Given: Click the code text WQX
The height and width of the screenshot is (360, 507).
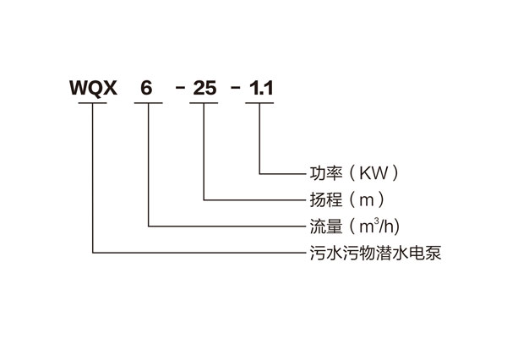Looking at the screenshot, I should [x=93, y=87].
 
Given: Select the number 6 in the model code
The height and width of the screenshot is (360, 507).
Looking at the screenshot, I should [x=148, y=87].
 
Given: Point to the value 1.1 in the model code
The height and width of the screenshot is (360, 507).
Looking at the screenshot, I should [x=260, y=87].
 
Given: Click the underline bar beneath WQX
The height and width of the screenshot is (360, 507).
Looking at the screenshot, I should [x=93, y=104].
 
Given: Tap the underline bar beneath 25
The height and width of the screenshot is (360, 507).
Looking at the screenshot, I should [x=204, y=104].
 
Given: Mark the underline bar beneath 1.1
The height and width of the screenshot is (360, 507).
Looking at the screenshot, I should [x=259, y=104].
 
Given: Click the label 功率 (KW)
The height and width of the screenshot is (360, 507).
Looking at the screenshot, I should [x=354, y=175].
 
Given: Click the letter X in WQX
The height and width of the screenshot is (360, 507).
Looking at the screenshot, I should [x=110, y=87].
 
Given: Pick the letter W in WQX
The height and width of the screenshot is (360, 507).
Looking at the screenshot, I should [x=78, y=87].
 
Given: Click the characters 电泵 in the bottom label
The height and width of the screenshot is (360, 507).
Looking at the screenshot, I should [x=428, y=252].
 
